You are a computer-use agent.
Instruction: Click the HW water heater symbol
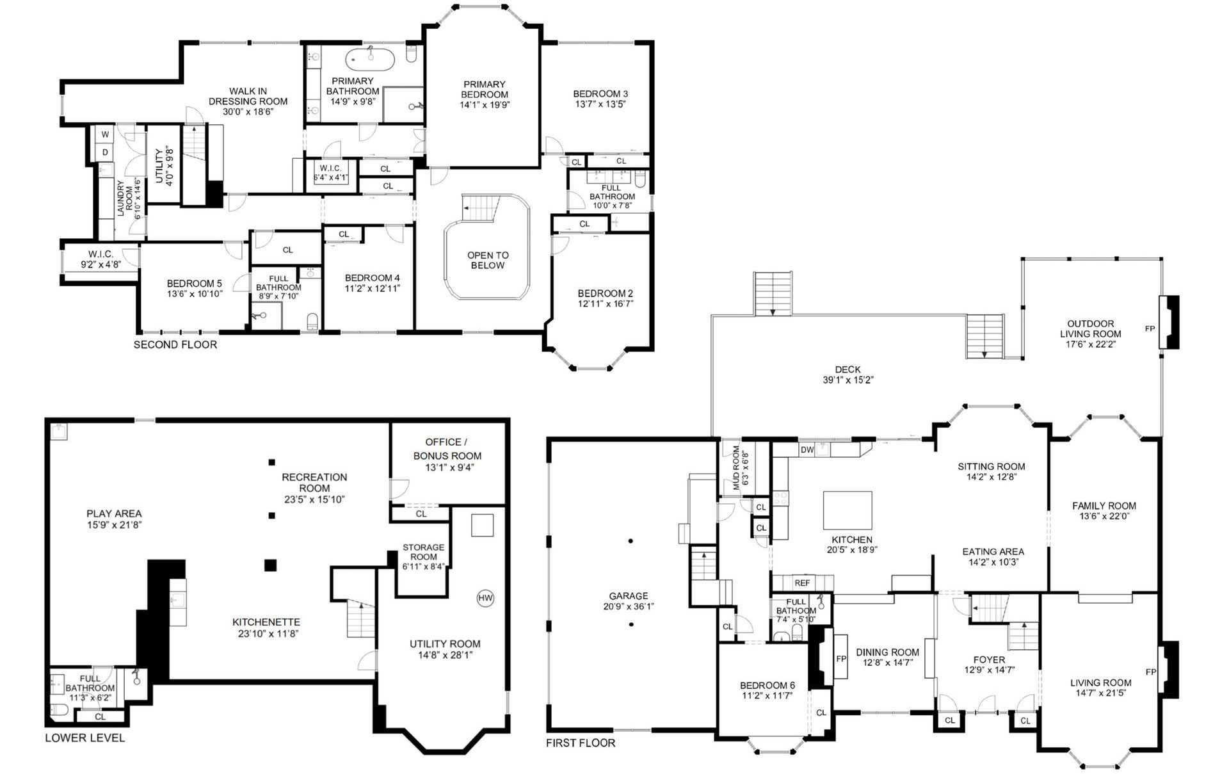point(486,598)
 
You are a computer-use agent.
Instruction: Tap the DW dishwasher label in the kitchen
point(807,449)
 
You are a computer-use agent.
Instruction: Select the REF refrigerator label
point(802,583)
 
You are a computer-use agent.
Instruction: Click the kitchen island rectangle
point(847,510)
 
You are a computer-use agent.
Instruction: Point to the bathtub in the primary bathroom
point(371,60)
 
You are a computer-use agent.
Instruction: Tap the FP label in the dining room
point(841,658)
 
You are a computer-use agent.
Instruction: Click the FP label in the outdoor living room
point(1150,328)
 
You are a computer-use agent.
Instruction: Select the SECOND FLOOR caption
point(175,344)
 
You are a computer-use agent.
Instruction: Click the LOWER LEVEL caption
point(85,738)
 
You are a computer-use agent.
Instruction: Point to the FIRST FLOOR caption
point(581,743)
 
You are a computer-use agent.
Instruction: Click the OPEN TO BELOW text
point(488,260)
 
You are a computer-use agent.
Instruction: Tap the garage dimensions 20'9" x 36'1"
point(629,606)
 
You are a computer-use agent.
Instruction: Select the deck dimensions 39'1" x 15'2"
point(848,380)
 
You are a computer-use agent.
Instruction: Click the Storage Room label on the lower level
point(423,552)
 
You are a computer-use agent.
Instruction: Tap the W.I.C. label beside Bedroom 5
point(100,254)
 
